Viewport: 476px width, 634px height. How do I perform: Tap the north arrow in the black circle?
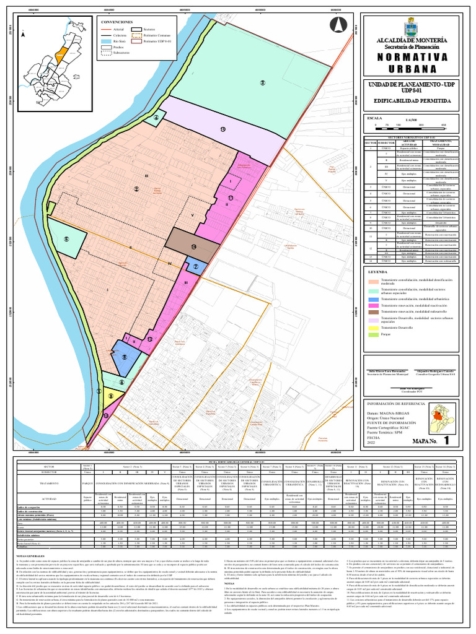tap(339, 26)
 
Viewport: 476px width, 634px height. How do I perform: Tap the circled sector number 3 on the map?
tap(262, 83)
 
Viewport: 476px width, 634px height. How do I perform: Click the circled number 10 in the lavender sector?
tap(223, 129)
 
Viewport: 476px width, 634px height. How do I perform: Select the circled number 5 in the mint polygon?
tap(65, 240)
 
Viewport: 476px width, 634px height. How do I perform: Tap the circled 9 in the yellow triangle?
tap(111, 397)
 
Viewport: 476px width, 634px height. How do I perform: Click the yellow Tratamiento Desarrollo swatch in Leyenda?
tap(374, 327)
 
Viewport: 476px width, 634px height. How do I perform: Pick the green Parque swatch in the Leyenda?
tap(374, 334)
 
